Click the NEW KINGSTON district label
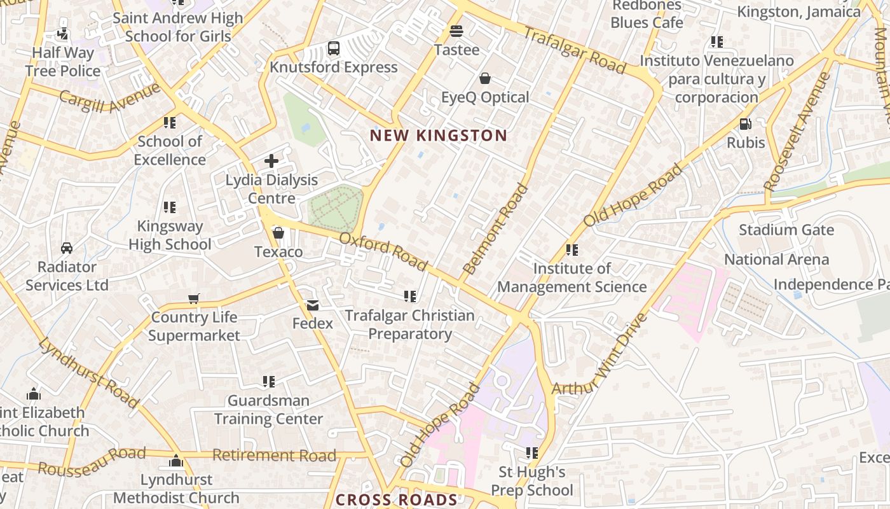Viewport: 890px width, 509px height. pyautogui.click(x=438, y=136)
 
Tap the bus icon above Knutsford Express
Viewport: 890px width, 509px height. pyautogui.click(x=334, y=48)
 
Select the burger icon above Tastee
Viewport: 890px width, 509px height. pyautogui.click(x=456, y=31)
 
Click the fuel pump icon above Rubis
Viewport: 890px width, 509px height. pyautogui.click(x=745, y=123)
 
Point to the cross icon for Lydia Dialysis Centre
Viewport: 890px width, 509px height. pyautogui.click(x=271, y=161)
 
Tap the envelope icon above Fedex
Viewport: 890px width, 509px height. pyautogui.click(x=312, y=305)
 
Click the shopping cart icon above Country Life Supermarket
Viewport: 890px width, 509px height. pyautogui.click(x=194, y=298)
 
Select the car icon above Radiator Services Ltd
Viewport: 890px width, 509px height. pyautogui.click(x=67, y=248)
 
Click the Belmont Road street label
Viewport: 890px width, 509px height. pyautogui.click(x=495, y=229)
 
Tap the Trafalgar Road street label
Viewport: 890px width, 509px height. pyautogui.click(x=575, y=49)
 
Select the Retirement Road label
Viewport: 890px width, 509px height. pyautogui.click(x=274, y=456)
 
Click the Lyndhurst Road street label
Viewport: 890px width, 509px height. pyautogui.click(x=88, y=373)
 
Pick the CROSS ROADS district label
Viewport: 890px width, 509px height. pyautogui.click(x=396, y=500)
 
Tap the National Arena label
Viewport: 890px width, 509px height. pyautogui.click(x=776, y=260)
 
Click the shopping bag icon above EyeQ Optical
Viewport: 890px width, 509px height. pyautogui.click(x=485, y=78)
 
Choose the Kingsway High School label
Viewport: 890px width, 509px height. pyautogui.click(x=170, y=235)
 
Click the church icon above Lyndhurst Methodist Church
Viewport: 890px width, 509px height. pyautogui.click(x=176, y=461)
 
